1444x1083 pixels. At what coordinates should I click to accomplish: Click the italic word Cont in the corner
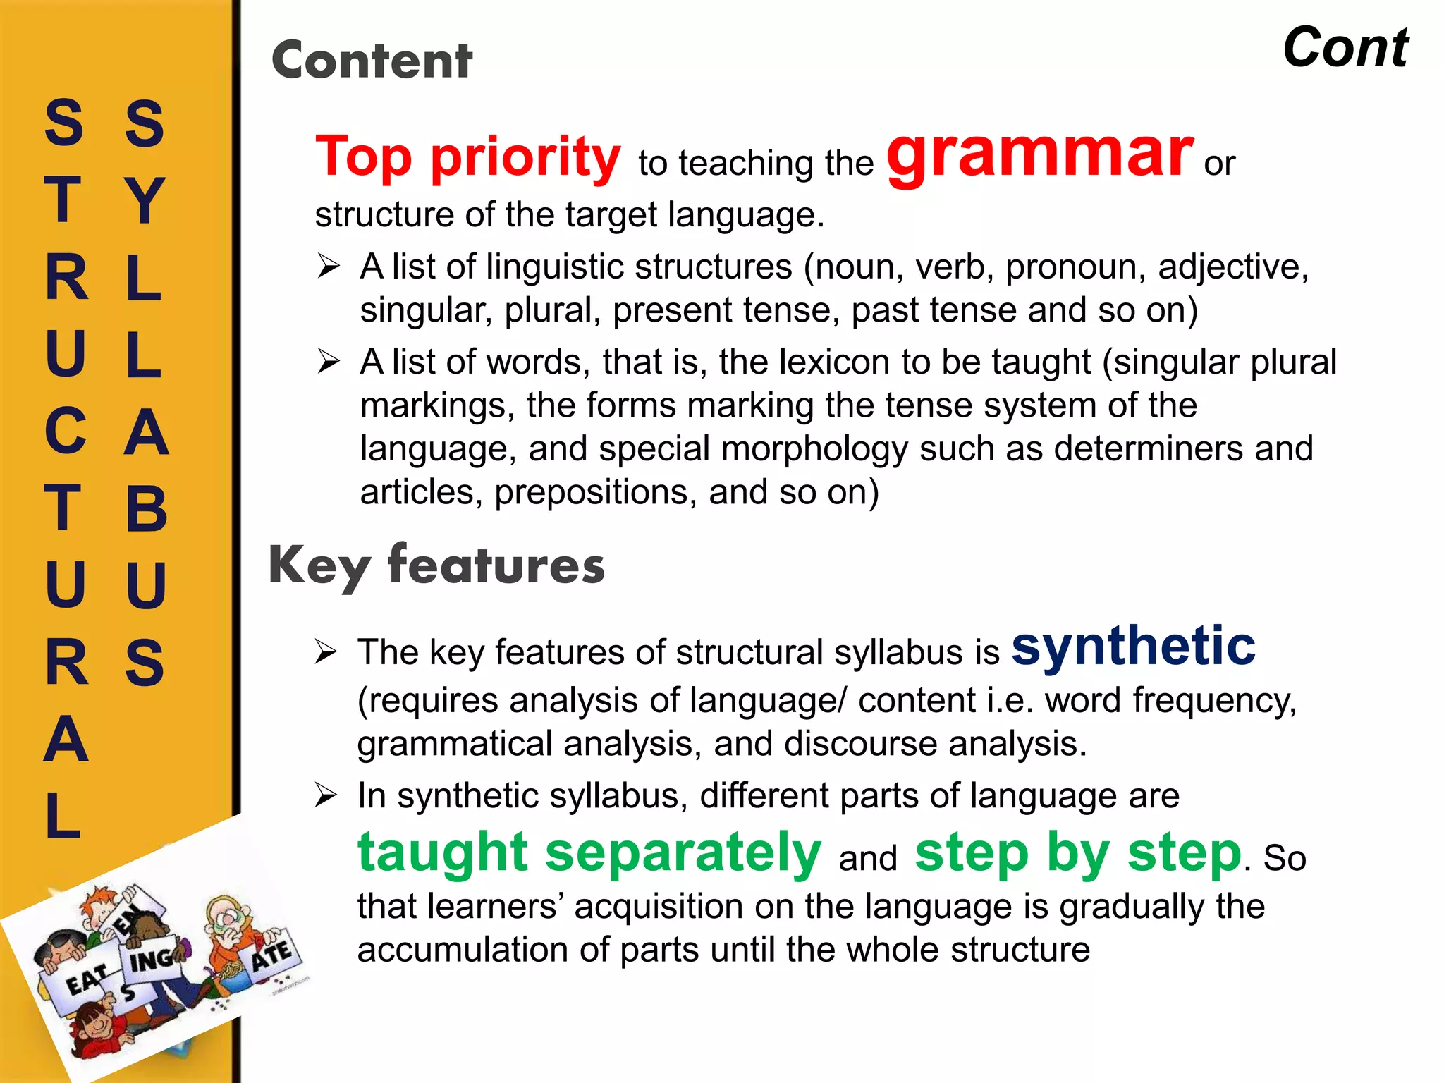1345,48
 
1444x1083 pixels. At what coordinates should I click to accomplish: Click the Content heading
372,61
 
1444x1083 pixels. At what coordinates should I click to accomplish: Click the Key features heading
436,566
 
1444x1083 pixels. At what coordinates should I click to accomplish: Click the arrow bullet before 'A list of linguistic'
328,267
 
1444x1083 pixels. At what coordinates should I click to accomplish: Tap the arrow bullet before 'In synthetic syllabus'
326,795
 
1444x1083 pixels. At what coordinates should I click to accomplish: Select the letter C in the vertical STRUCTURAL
66,432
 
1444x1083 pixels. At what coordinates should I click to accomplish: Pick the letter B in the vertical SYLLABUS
146,509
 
